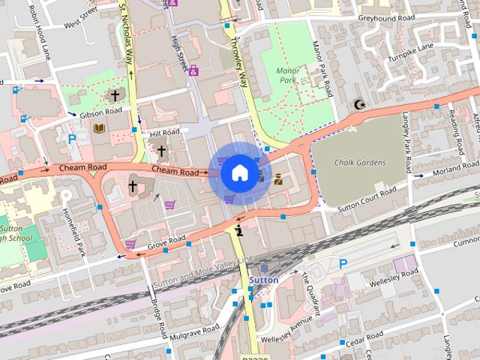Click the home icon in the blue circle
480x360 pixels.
239,173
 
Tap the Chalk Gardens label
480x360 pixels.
359,163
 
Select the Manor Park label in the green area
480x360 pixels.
288,75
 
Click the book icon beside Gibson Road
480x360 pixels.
98,129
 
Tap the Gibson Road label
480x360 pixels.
100,112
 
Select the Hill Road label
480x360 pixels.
164,133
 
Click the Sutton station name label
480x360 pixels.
263,280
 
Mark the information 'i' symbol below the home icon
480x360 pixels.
239,230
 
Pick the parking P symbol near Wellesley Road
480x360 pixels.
343,263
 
